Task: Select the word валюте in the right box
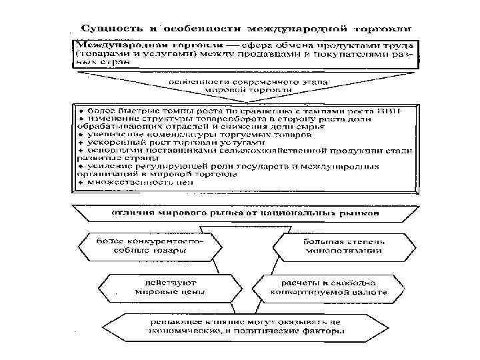[x=367, y=292]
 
